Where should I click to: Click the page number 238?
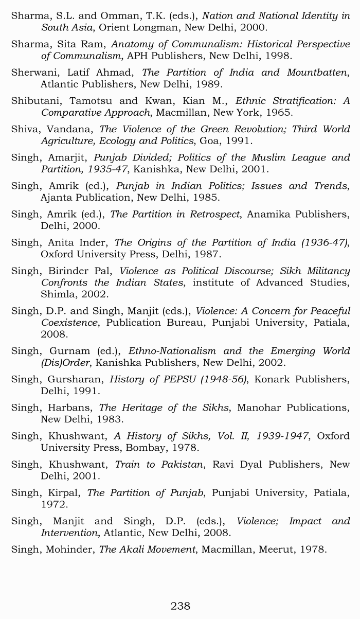click(x=180, y=606)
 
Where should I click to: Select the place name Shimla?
click(x=57, y=294)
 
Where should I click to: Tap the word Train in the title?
click(x=128, y=464)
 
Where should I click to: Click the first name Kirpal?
click(x=65, y=492)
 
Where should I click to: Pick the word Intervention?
click(x=69, y=533)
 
